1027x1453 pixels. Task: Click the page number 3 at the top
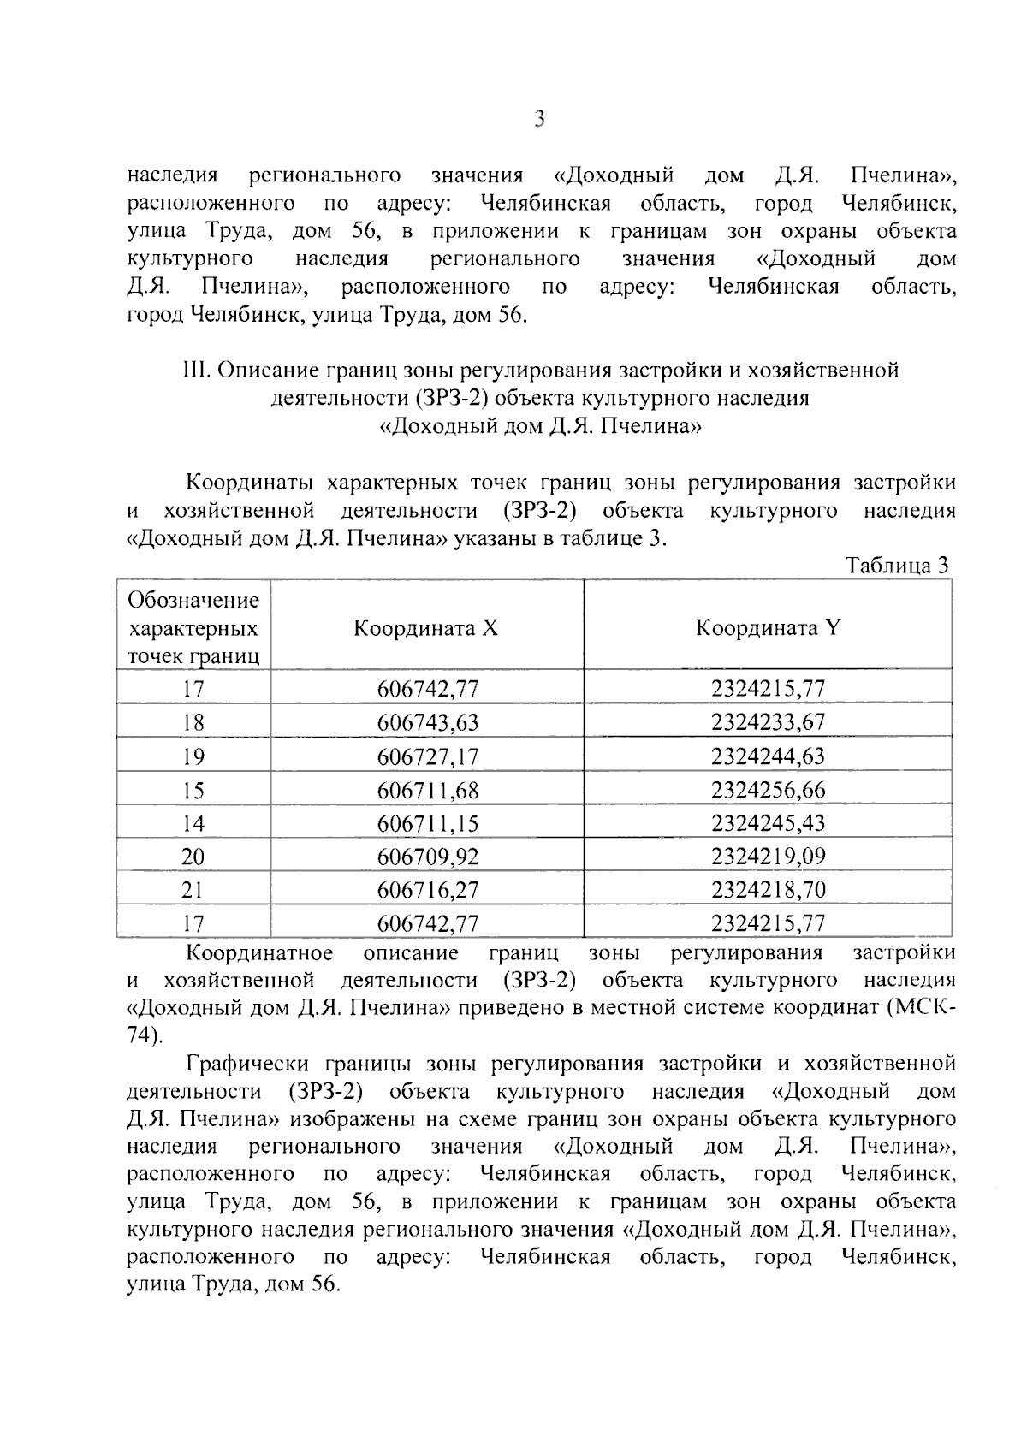(539, 120)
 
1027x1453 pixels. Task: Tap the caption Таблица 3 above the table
(896, 566)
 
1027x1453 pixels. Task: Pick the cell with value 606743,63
(428, 723)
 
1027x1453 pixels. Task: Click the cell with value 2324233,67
(768, 723)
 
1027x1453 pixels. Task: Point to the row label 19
(193, 756)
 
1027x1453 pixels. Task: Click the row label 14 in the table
(193, 823)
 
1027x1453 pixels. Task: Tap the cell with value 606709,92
(428, 857)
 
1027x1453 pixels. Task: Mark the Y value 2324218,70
(768, 890)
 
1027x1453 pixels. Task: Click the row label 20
(193, 857)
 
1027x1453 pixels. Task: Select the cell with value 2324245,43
(768, 823)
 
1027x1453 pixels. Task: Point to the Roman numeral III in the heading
(196, 371)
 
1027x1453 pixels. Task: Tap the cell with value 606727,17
(428, 756)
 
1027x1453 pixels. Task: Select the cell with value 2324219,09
(768, 857)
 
